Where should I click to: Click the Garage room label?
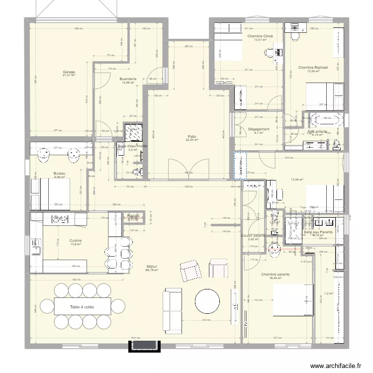click(x=69, y=72)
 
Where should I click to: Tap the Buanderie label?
click(x=128, y=79)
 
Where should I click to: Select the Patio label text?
click(x=192, y=136)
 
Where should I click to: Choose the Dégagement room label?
click(x=258, y=129)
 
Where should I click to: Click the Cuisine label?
click(x=76, y=240)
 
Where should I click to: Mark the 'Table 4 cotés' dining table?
click(x=82, y=307)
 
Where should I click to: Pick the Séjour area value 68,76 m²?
click(x=152, y=271)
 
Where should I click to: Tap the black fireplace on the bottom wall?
click(x=145, y=346)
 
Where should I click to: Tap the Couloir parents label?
click(x=253, y=236)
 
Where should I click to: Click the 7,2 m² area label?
click(x=328, y=293)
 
